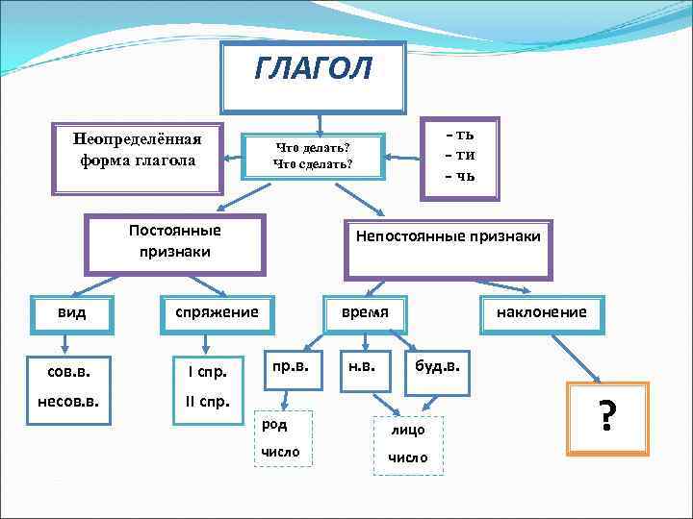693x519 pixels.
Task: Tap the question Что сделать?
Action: [313, 164]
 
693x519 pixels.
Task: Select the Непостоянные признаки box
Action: [449, 236]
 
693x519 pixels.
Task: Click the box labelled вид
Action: [71, 312]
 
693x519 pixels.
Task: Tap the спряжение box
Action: [216, 312]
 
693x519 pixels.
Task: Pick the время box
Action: [365, 312]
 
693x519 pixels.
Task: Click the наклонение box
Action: [540, 312]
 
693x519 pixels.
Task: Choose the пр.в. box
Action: [290, 366]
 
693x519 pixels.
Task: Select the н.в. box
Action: [361, 366]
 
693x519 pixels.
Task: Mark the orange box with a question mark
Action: [606, 418]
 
